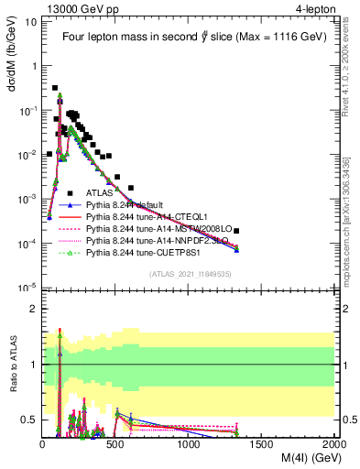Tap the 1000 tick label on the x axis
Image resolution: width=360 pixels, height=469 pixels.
click(x=189, y=443)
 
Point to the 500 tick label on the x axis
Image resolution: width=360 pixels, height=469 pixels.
click(x=115, y=443)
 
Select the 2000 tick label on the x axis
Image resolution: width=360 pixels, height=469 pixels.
click(x=334, y=443)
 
